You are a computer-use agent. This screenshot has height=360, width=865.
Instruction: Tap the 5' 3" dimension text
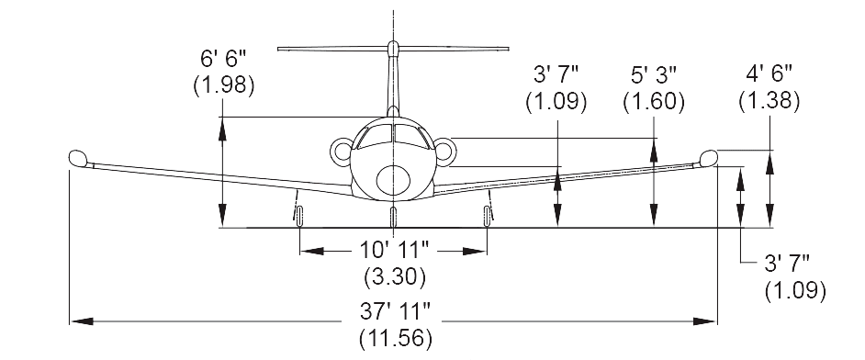click(x=653, y=74)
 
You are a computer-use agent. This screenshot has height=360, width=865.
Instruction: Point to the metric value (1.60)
click(x=653, y=101)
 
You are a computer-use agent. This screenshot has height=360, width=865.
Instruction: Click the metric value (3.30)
click(x=394, y=275)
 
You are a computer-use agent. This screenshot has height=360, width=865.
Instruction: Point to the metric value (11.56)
click(x=394, y=338)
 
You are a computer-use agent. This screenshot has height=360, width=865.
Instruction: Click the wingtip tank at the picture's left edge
click(x=78, y=158)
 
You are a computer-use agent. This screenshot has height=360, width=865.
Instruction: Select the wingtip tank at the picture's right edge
click(x=708, y=157)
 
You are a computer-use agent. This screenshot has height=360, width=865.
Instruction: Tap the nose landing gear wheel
click(x=393, y=217)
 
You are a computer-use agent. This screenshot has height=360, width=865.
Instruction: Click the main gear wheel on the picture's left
click(x=299, y=215)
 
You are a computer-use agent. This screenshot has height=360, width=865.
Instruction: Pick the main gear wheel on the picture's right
click(x=487, y=215)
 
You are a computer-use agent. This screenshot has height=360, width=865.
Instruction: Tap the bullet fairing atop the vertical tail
click(x=393, y=48)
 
